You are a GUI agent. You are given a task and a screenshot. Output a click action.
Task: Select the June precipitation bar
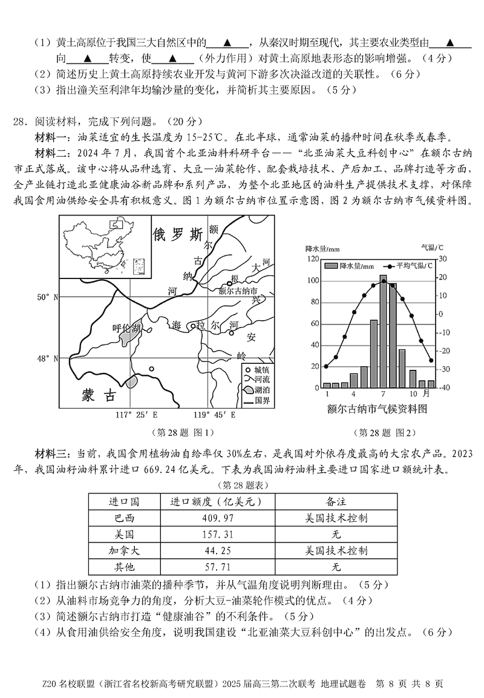point(374,354)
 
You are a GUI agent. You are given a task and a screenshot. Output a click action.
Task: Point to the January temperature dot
point(327,366)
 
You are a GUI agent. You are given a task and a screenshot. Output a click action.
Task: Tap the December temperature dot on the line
point(431,360)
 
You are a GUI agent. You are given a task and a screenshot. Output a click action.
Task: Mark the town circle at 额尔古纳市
point(230,283)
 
